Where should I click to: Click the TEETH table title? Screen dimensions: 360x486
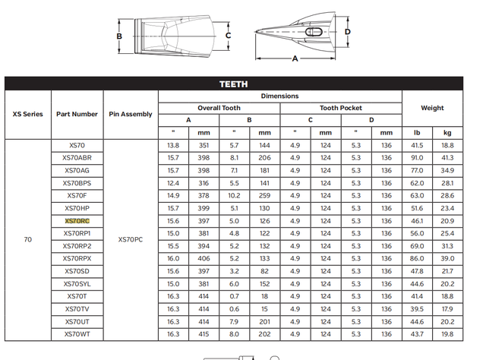tap(233, 84)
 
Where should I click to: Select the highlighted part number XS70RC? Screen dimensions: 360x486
tap(77, 220)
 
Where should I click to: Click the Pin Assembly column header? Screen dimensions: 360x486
tap(131, 114)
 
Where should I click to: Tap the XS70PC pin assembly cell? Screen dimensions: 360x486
tap(131, 239)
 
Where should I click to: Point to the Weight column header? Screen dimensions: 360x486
tap(432, 108)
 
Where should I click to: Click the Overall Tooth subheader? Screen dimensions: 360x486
tap(219, 108)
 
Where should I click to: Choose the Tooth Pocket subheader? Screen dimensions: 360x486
tap(340, 108)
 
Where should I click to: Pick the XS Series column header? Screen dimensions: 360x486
tap(27, 114)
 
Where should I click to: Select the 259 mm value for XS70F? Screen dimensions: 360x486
tap(264, 195)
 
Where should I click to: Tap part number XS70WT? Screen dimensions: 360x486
tap(77, 333)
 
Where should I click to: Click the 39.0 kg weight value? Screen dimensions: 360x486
tap(448, 258)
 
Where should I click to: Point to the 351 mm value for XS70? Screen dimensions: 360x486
tap(204, 145)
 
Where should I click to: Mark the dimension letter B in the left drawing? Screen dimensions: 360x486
tap(119, 36)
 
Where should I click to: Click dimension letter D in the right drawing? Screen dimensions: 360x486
tap(347, 31)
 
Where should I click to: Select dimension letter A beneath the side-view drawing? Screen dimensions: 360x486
tap(295, 58)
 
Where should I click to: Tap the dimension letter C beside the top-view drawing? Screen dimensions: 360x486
tap(228, 35)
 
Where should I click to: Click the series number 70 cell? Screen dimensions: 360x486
tap(27, 239)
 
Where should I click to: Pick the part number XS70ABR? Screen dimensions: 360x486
tap(77, 157)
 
